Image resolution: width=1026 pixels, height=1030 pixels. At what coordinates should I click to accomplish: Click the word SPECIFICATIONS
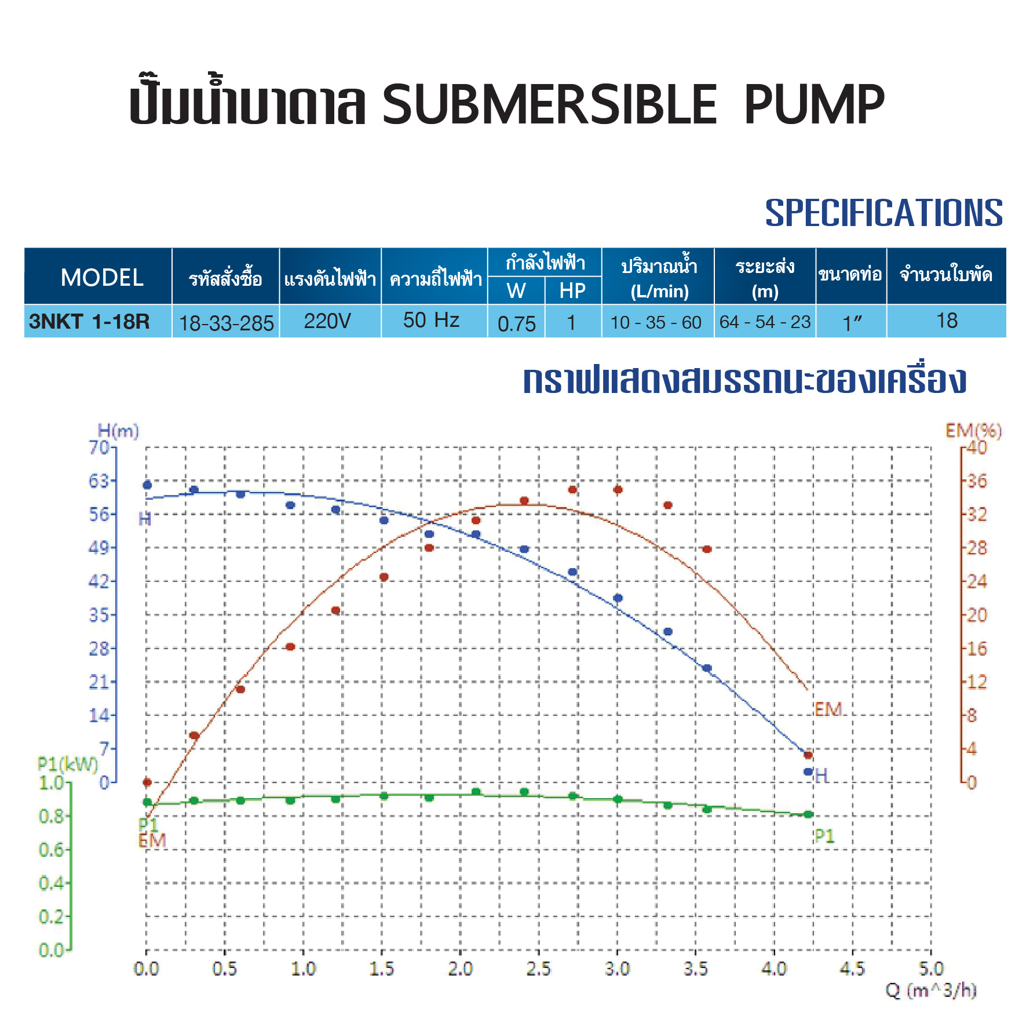point(883,213)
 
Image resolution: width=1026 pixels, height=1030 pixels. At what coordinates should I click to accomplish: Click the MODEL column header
point(102,278)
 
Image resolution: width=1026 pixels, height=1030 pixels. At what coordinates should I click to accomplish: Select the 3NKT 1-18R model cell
point(90,321)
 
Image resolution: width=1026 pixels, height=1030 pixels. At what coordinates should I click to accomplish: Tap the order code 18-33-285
point(226,323)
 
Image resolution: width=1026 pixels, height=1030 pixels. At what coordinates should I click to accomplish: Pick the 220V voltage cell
point(327,321)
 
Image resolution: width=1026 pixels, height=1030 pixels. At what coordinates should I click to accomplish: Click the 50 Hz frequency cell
point(431,320)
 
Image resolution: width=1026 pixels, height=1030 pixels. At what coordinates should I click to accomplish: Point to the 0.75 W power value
point(517,323)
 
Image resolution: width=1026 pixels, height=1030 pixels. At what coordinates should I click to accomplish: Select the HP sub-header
point(572,291)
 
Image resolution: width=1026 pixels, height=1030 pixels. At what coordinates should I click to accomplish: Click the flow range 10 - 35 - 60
point(656,322)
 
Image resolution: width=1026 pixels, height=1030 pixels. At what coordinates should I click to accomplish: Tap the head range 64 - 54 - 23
point(765,322)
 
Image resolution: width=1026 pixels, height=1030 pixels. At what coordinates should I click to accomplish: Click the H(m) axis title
point(118,431)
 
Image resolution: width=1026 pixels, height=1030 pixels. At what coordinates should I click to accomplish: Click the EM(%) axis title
point(973,430)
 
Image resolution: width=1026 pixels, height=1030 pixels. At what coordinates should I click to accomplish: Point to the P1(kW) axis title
point(68,764)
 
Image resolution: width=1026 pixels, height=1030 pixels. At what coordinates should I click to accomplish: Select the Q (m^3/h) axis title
point(931,990)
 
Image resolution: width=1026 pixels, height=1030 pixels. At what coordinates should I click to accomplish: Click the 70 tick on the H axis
point(99,447)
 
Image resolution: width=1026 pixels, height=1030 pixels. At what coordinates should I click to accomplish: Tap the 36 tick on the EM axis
point(977,481)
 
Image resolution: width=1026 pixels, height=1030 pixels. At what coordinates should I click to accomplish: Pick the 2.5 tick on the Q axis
point(538,969)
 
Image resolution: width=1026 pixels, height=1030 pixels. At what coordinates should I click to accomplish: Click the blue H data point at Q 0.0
point(147,485)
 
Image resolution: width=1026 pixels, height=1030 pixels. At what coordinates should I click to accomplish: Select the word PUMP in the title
point(814,104)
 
